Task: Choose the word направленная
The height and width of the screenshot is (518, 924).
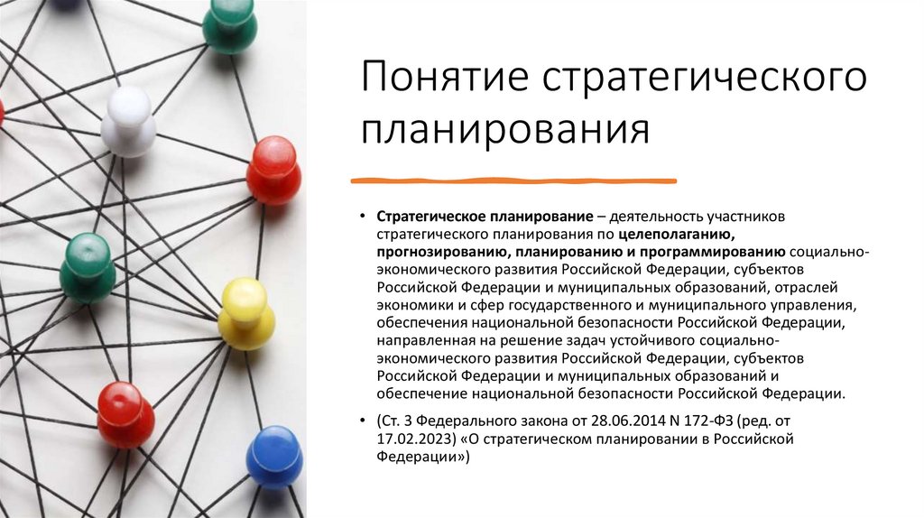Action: pos(418,341)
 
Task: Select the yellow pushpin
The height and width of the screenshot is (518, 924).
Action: pos(245,312)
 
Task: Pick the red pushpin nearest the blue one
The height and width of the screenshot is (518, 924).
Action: pos(125,413)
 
